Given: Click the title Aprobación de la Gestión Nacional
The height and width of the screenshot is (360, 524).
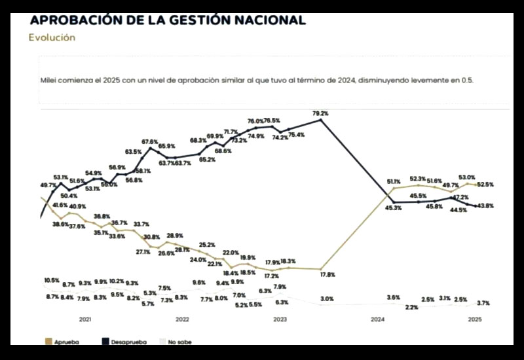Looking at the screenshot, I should (x=168, y=20).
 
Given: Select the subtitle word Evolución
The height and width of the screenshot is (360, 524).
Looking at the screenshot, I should (x=52, y=37).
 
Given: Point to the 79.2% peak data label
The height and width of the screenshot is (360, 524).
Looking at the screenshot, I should (x=320, y=113).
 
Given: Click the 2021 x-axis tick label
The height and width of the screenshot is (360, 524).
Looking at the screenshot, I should (x=85, y=319).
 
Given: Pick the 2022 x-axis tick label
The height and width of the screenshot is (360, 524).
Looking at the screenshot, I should (x=182, y=319).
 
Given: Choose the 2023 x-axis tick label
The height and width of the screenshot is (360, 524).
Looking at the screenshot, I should (x=280, y=319).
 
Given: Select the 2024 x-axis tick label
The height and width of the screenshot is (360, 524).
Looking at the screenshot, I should (x=377, y=319).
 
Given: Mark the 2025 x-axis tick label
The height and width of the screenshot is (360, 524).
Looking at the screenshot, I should (x=475, y=319).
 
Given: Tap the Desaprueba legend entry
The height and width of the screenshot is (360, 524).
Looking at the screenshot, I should (x=124, y=341).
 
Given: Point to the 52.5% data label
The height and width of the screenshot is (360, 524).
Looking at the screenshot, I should (x=485, y=185).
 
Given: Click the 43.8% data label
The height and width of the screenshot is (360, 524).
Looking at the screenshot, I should (x=485, y=206).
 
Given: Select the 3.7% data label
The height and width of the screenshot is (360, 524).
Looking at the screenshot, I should (x=483, y=303).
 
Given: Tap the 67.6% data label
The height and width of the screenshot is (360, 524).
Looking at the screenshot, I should (x=150, y=141).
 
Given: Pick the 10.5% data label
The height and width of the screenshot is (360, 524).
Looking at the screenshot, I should (x=51, y=280).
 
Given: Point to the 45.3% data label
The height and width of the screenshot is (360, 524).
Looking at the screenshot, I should (x=393, y=208).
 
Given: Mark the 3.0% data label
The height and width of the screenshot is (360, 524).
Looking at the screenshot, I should (x=327, y=299).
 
